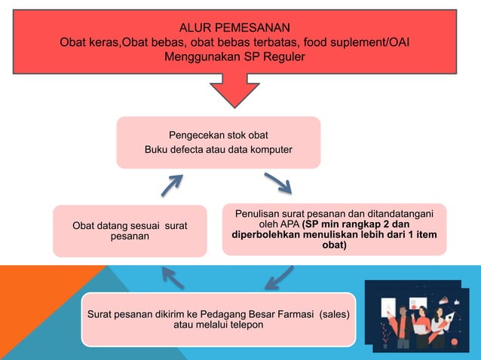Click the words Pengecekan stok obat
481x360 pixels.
coord(219,135)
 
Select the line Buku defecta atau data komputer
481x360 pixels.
coord(219,149)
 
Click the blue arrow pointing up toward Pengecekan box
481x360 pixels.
coord(172,185)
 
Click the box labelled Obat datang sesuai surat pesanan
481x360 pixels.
coord(129,230)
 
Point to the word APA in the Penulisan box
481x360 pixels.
coord(287,224)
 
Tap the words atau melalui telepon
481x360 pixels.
coord(219,325)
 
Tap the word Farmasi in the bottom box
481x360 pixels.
coord(290,313)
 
